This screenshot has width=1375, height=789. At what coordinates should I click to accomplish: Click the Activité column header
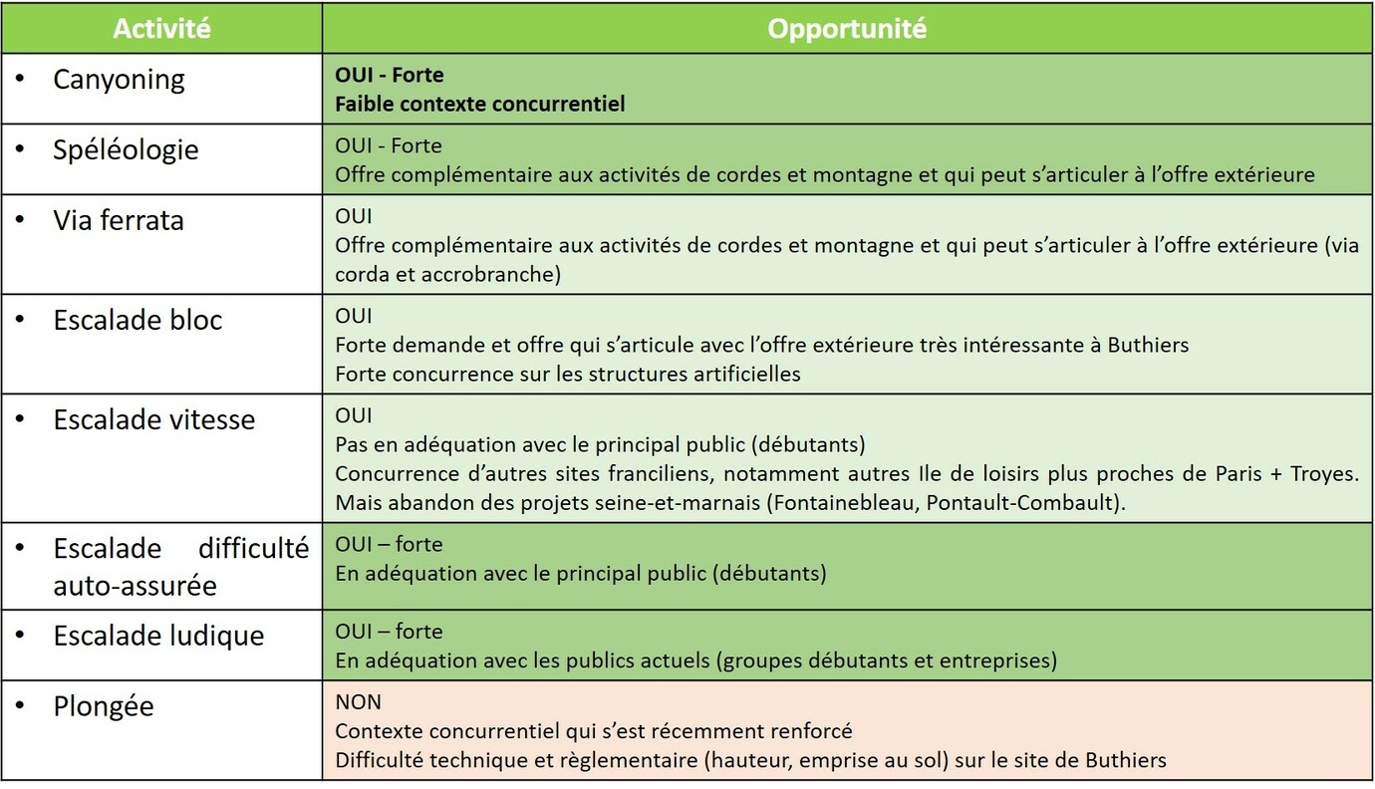pyautogui.click(x=161, y=28)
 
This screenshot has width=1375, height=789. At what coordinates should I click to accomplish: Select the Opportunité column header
pyautogui.click(x=847, y=28)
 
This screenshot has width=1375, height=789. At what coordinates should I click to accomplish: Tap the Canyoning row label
pyautogui.click(x=119, y=80)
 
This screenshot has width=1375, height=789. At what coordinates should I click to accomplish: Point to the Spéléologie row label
pyautogui.click(x=126, y=149)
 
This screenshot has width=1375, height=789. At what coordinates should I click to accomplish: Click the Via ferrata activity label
pyautogui.click(x=119, y=220)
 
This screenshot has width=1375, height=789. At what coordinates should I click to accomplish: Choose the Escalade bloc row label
pyautogui.click(x=137, y=320)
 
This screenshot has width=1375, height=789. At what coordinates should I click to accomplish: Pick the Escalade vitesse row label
pyautogui.click(x=154, y=419)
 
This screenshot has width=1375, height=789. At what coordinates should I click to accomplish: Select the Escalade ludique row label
pyautogui.click(x=158, y=636)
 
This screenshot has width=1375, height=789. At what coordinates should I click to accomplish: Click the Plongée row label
pyautogui.click(x=104, y=706)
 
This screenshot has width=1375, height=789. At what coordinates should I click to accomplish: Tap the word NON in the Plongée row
pyautogui.click(x=359, y=702)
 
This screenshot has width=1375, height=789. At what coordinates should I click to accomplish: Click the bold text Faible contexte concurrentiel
pyautogui.click(x=480, y=104)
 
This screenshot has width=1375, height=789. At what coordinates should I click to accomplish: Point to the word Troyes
pyautogui.click(x=1325, y=474)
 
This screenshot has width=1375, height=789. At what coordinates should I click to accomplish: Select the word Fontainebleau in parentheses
pyautogui.click(x=843, y=503)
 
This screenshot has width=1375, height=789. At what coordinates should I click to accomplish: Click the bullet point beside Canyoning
pyautogui.click(x=20, y=80)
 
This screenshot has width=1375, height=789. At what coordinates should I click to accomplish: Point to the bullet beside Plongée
pyautogui.click(x=20, y=706)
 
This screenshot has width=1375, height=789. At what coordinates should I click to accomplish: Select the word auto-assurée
pyautogui.click(x=135, y=586)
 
